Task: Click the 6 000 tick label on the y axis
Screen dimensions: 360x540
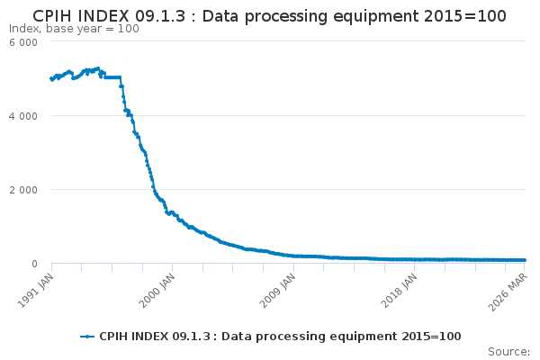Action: tap(23, 42)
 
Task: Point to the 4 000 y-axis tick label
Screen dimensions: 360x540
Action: tap(23, 116)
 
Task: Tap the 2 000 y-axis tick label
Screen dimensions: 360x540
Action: tap(23, 190)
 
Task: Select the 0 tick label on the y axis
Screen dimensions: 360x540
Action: tap(34, 264)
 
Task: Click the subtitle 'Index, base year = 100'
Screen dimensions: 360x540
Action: tap(74, 29)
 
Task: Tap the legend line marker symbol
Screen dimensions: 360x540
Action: tap(87, 337)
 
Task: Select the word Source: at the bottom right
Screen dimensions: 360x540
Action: tap(508, 351)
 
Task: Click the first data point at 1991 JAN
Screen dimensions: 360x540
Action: tap(51, 78)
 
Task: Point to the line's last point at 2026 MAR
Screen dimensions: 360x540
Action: tap(524, 260)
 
